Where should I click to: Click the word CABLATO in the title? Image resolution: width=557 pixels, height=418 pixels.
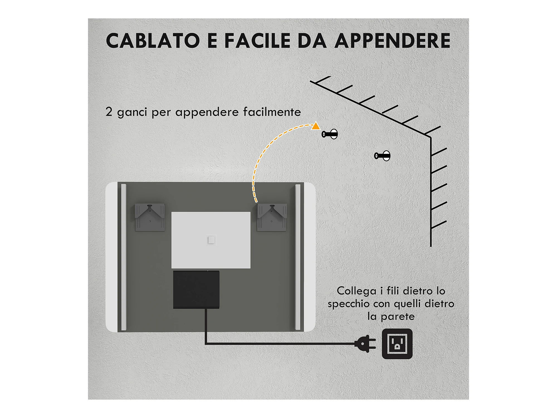coord(153,41)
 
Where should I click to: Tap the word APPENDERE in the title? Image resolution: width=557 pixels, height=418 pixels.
coord(392,41)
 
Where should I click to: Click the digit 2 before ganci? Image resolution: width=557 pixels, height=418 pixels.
coord(109,111)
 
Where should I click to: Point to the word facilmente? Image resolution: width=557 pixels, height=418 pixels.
coord(272,112)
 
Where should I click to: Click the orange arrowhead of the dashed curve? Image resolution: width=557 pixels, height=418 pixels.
coord(316,126)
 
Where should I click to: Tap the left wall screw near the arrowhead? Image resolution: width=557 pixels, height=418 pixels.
coord(330,134)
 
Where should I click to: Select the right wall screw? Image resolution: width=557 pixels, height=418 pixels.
coord(382,156)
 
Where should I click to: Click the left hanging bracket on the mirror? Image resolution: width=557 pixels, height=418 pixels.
coord(150,217)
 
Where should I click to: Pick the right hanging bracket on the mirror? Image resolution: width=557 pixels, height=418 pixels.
coord(272,217)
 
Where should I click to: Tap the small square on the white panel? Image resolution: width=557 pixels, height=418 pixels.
coord(211,240)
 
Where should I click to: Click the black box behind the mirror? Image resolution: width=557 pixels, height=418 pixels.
coord(196,290)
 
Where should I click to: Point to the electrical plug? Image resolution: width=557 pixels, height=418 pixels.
coord(365,344)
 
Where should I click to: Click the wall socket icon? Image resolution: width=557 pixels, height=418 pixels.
coord(397,344)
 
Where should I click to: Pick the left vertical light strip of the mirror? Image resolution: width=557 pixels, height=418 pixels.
coord(124,257)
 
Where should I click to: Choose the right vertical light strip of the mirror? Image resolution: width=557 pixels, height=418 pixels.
coord(298,257)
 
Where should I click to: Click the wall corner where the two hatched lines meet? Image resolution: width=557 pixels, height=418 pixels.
coord(431,137)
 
